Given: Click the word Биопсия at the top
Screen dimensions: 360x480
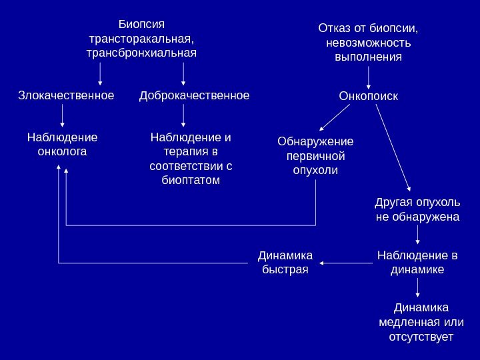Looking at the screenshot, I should pyautogui.click(x=141, y=24).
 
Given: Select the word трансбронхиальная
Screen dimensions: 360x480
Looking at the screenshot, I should pyautogui.click(x=142, y=53).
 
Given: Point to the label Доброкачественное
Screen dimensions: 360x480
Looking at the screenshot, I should pyautogui.click(x=194, y=96).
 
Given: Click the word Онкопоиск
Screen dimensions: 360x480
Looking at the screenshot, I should pyautogui.click(x=369, y=97).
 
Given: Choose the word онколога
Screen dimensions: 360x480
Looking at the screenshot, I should pyautogui.click(x=62, y=152).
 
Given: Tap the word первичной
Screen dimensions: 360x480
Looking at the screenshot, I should pyautogui.click(x=315, y=156).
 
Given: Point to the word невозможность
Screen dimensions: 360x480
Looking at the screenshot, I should pyautogui.click(x=369, y=43).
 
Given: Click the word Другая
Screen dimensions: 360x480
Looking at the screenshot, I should pyautogui.click(x=393, y=202).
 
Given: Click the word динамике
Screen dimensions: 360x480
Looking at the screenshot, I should pyautogui.click(x=418, y=269).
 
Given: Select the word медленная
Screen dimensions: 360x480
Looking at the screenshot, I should pyautogui.click(x=405, y=323).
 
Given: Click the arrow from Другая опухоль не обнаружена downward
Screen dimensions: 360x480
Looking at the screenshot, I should pyautogui.click(x=418, y=234).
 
